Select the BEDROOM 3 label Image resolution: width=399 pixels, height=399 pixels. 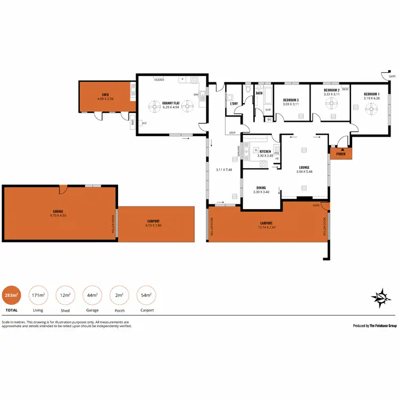[x=290, y=100]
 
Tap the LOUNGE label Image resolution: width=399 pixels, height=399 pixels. [x=304, y=167]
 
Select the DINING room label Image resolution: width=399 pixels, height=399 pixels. [x=261, y=188]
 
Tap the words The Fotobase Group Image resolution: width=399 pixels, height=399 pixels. [x=383, y=326]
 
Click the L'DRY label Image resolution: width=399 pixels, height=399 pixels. [x=233, y=103]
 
